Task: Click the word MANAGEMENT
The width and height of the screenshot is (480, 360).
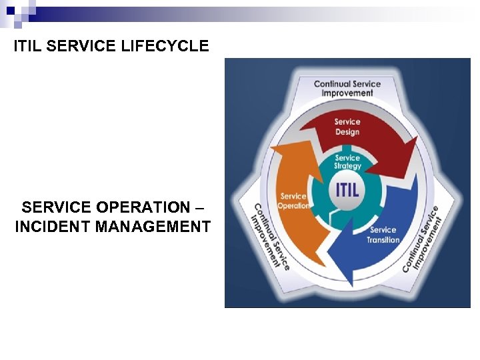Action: click(x=153, y=227)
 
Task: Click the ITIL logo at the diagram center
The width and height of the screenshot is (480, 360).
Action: click(x=347, y=189)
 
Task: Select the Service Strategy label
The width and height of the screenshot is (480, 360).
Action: click(x=347, y=162)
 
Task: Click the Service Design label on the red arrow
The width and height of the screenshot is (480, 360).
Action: click(x=347, y=127)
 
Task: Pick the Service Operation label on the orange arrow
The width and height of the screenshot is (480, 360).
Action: click(x=293, y=201)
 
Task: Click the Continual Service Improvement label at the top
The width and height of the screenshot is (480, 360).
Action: click(x=347, y=88)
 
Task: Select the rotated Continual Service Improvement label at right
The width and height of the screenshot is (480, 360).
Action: click(x=423, y=238)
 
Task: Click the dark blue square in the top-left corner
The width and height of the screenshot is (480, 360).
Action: click(x=10, y=11)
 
